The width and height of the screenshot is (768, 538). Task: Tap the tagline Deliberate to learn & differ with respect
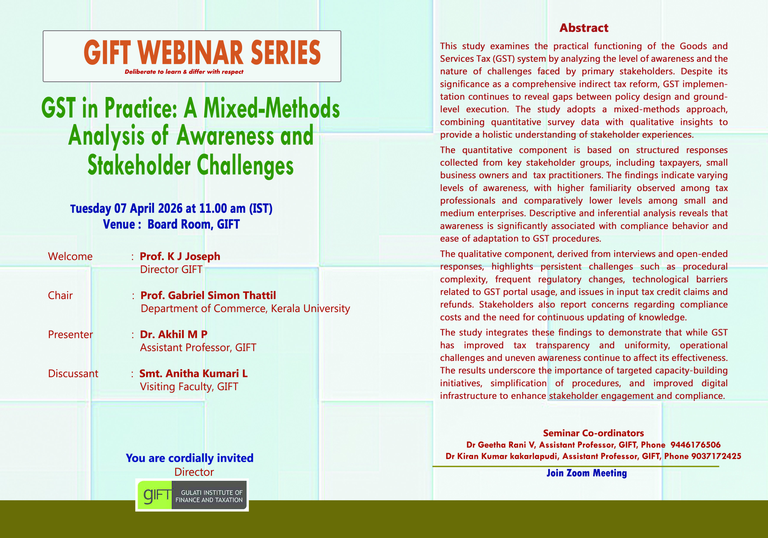(184, 72)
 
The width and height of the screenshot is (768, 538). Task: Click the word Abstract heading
(584, 28)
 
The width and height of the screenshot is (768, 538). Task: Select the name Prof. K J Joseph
(180, 256)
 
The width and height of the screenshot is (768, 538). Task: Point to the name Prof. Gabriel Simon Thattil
(208, 295)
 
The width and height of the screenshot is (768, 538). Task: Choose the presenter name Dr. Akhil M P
(174, 334)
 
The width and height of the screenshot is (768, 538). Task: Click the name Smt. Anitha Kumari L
(193, 373)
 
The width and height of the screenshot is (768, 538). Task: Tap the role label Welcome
(70, 256)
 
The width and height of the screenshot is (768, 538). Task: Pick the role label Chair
(60, 295)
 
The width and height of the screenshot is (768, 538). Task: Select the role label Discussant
(73, 373)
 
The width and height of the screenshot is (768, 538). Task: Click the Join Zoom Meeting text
(587, 473)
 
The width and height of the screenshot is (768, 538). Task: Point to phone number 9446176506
(695, 445)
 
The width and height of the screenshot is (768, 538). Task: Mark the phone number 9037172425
(716, 456)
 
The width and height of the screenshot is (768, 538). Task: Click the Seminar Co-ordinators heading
(593, 433)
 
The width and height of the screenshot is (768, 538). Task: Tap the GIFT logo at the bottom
(192, 495)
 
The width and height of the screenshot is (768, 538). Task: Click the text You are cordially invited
(190, 458)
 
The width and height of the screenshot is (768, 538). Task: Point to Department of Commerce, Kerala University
(245, 308)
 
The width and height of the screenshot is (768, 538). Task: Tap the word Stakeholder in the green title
(139, 165)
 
